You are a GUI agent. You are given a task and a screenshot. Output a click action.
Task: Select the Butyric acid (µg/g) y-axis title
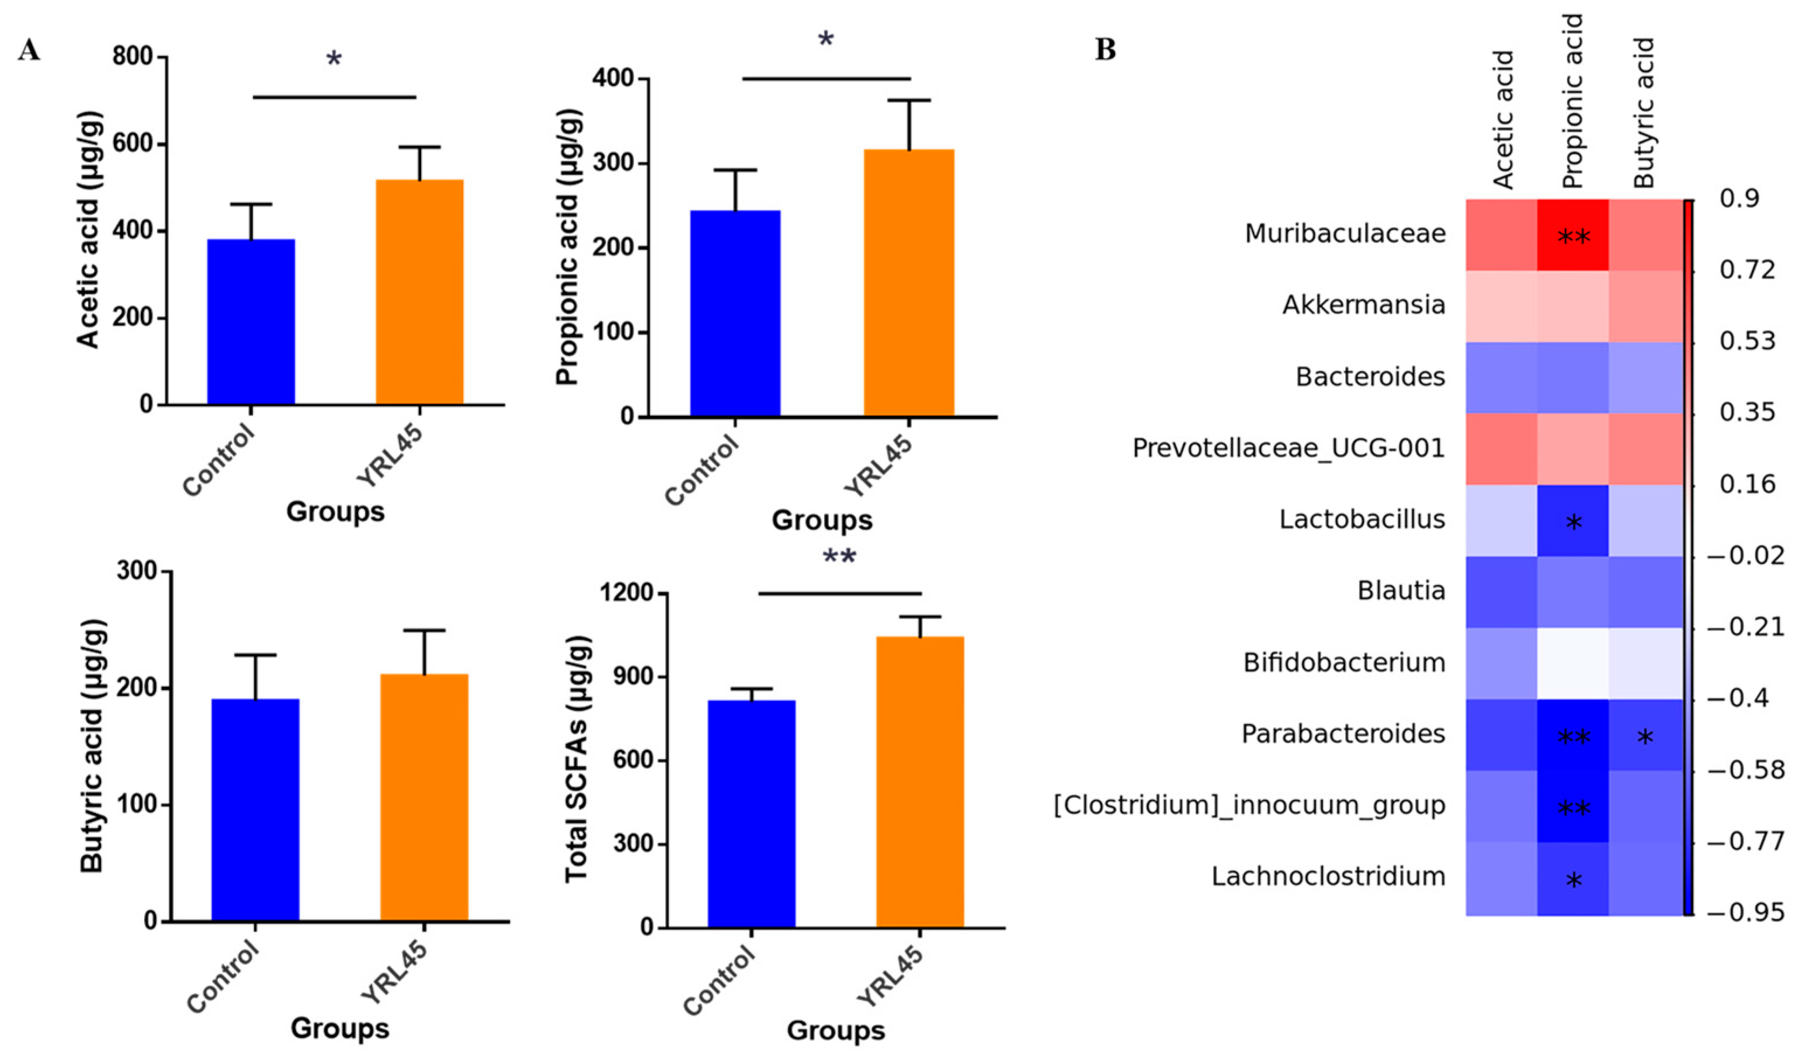coord(92,746)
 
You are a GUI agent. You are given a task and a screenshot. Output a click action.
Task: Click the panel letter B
coord(1105,50)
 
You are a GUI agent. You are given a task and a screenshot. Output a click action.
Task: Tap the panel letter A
coord(29,50)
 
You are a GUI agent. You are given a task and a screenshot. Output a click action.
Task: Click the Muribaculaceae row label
coord(1345,234)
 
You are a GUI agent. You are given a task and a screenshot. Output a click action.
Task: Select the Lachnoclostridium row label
coord(1328,876)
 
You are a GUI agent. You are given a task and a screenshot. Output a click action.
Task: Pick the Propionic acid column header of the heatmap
coord(1573,100)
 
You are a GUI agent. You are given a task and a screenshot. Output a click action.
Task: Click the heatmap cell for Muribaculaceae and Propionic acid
coord(1573,235)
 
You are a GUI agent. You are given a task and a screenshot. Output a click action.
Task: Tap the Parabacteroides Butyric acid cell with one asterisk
coord(1645,735)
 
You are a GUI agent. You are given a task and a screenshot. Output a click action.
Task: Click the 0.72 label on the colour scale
coord(1747,270)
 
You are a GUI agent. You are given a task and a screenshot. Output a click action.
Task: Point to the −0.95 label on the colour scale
coord(1745,912)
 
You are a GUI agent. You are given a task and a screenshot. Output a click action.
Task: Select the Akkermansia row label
coord(1363,305)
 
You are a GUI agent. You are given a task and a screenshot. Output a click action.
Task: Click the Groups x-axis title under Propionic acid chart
coord(822,520)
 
